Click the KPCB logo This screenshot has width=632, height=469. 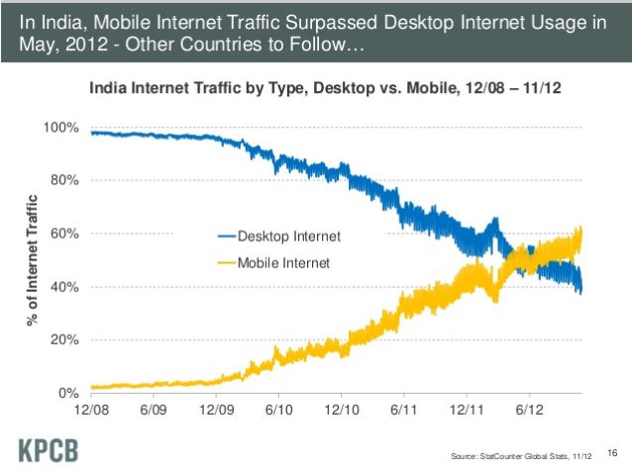pos(49,450)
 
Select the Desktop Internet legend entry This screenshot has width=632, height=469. pos(279,236)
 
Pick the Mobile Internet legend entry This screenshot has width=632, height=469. pos(273,263)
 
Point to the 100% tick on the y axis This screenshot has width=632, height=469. pos(60,128)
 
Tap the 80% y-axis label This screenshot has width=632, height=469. pos(64,180)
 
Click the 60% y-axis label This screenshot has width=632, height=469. pos(64,234)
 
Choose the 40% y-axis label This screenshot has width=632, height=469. pos(64,287)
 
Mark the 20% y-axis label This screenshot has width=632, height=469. pos(64,339)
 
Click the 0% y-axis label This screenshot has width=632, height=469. pos(68,393)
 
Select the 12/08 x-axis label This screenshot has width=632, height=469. pos(91,410)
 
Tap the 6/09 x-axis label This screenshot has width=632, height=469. pos(154,410)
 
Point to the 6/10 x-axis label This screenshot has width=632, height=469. pos(279,410)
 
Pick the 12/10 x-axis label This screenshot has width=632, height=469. pos(342,410)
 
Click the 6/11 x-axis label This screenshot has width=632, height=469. pos(403,410)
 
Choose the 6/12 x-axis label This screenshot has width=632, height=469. pos(530,410)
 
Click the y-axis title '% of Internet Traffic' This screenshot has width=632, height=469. pos(33,260)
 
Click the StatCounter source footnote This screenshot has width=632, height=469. pos(521,456)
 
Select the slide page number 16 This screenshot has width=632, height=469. pos(612,453)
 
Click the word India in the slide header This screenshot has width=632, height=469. pos(62,22)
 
